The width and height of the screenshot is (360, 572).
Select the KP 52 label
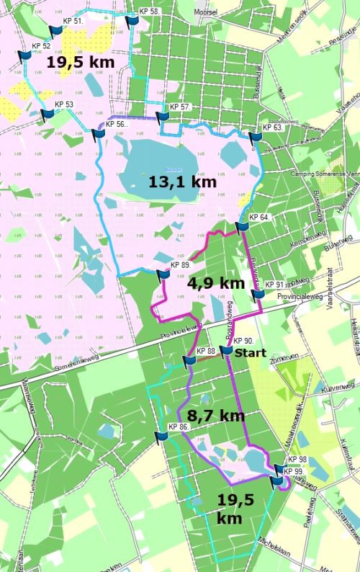[42, 46]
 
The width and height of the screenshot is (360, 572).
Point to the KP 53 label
[64, 104]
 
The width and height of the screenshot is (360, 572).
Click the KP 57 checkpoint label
[180, 107]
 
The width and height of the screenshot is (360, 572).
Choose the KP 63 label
[271, 128]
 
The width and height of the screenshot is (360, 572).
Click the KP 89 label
[180, 265]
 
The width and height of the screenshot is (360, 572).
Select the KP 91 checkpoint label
[275, 285]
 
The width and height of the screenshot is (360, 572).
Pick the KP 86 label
[178, 427]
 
